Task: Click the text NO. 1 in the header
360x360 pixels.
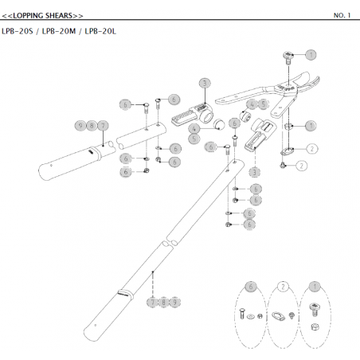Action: (x=342, y=15)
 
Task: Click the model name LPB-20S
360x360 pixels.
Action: (x=18, y=31)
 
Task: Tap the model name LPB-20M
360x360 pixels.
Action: (x=59, y=31)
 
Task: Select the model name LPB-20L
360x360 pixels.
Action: (x=100, y=31)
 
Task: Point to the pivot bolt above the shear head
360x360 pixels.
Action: (x=288, y=58)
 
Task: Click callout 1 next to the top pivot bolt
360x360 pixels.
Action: (x=311, y=55)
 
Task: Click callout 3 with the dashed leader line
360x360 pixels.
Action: (x=254, y=173)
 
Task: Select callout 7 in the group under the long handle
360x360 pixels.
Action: (x=152, y=302)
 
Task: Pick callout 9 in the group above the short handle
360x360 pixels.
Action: (x=80, y=125)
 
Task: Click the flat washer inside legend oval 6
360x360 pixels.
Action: (x=250, y=316)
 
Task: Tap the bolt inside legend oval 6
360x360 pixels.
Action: (x=242, y=314)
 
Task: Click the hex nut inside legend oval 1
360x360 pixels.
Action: (x=315, y=327)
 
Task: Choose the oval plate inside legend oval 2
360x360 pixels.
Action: (x=278, y=316)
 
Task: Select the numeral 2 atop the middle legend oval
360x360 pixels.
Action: (x=283, y=287)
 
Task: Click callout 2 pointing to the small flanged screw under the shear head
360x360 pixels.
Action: (x=301, y=166)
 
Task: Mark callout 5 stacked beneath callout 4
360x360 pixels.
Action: (x=194, y=139)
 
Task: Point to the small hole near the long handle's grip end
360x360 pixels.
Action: (x=96, y=325)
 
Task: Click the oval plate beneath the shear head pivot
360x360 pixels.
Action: (x=288, y=151)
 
